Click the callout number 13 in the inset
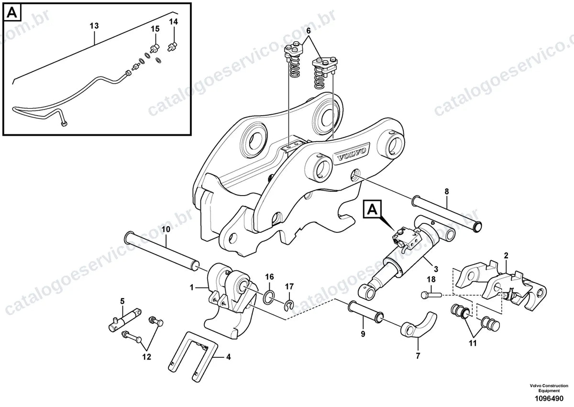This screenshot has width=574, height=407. click(94, 26)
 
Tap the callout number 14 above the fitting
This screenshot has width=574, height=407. click(174, 22)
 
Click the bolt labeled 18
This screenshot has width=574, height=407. click(431, 295)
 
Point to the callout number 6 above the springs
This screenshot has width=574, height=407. click(308, 31)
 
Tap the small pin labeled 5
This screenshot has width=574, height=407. click(125, 320)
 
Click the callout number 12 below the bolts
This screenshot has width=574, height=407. click(146, 357)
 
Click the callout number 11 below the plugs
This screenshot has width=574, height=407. click(473, 343)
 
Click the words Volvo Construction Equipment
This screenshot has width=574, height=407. click(549, 388)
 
